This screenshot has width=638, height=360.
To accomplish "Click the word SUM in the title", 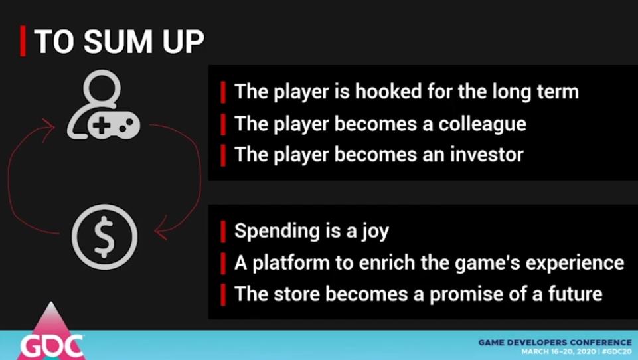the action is [x=118, y=42].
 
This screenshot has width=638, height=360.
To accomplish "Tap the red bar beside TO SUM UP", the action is [x=23, y=41].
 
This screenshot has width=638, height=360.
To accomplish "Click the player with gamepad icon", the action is [x=104, y=105].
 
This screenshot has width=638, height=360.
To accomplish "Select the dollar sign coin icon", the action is [x=105, y=236].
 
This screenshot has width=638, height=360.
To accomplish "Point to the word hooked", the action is [x=388, y=91].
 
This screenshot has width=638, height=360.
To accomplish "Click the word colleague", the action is [x=482, y=124].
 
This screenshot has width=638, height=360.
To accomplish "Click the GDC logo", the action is [x=51, y=332].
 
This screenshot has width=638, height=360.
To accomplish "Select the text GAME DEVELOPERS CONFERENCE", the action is [x=555, y=343].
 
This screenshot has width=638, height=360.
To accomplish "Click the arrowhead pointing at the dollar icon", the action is [x=162, y=229].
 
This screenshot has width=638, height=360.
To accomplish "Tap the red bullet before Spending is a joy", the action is [x=223, y=232].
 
